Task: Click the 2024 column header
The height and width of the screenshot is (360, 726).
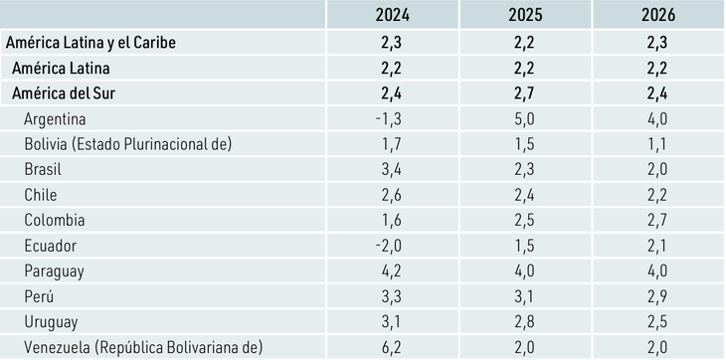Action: pyautogui.click(x=391, y=15)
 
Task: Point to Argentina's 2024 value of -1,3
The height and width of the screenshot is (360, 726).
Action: pyautogui.click(x=391, y=118)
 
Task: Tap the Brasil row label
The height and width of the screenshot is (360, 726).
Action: pyautogui.click(x=46, y=169)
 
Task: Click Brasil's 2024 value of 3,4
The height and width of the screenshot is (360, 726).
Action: pyautogui.click(x=391, y=169)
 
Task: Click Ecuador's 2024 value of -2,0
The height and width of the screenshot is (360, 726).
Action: pyautogui.click(x=391, y=246)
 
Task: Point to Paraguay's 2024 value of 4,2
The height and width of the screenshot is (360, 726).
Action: pyautogui.click(x=391, y=270)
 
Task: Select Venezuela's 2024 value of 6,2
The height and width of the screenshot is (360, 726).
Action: pyautogui.click(x=391, y=347)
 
